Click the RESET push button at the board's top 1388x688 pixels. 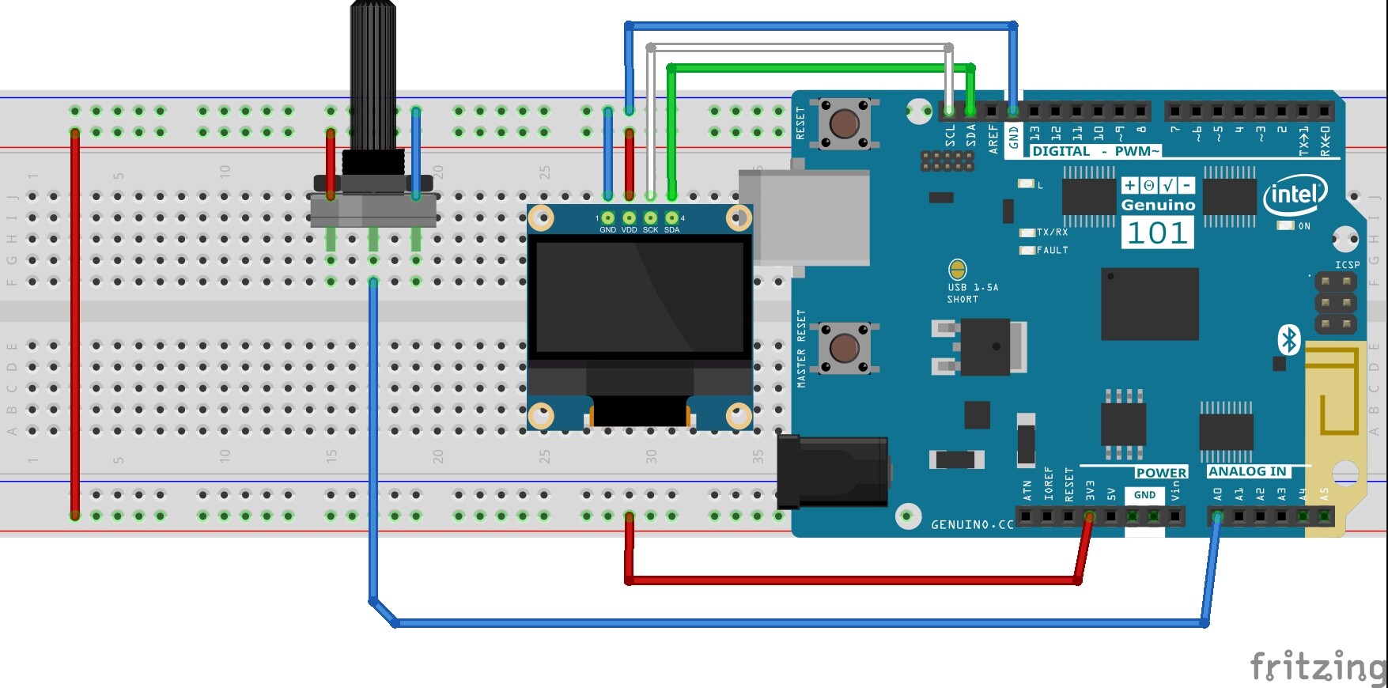click(x=844, y=123)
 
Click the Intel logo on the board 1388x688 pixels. click(x=1295, y=195)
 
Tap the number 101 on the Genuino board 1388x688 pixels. click(x=1157, y=233)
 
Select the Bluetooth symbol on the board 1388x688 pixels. click(x=1289, y=340)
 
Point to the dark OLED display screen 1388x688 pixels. click(x=639, y=297)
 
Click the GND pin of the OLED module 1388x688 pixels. click(x=607, y=218)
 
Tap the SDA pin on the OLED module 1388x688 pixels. click(x=671, y=218)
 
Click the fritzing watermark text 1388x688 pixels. click(x=1317, y=666)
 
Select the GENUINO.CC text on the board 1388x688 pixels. click(x=972, y=524)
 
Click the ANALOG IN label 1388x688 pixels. click(x=1247, y=471)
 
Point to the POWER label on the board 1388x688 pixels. click(x=1160, y=473)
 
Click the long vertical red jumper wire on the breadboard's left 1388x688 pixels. click(x=75, y=324)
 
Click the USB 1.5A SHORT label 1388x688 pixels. click(x=972, y=293)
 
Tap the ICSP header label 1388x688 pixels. click(x=1347, y=265)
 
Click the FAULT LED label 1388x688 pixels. click(x=1052, y=250)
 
